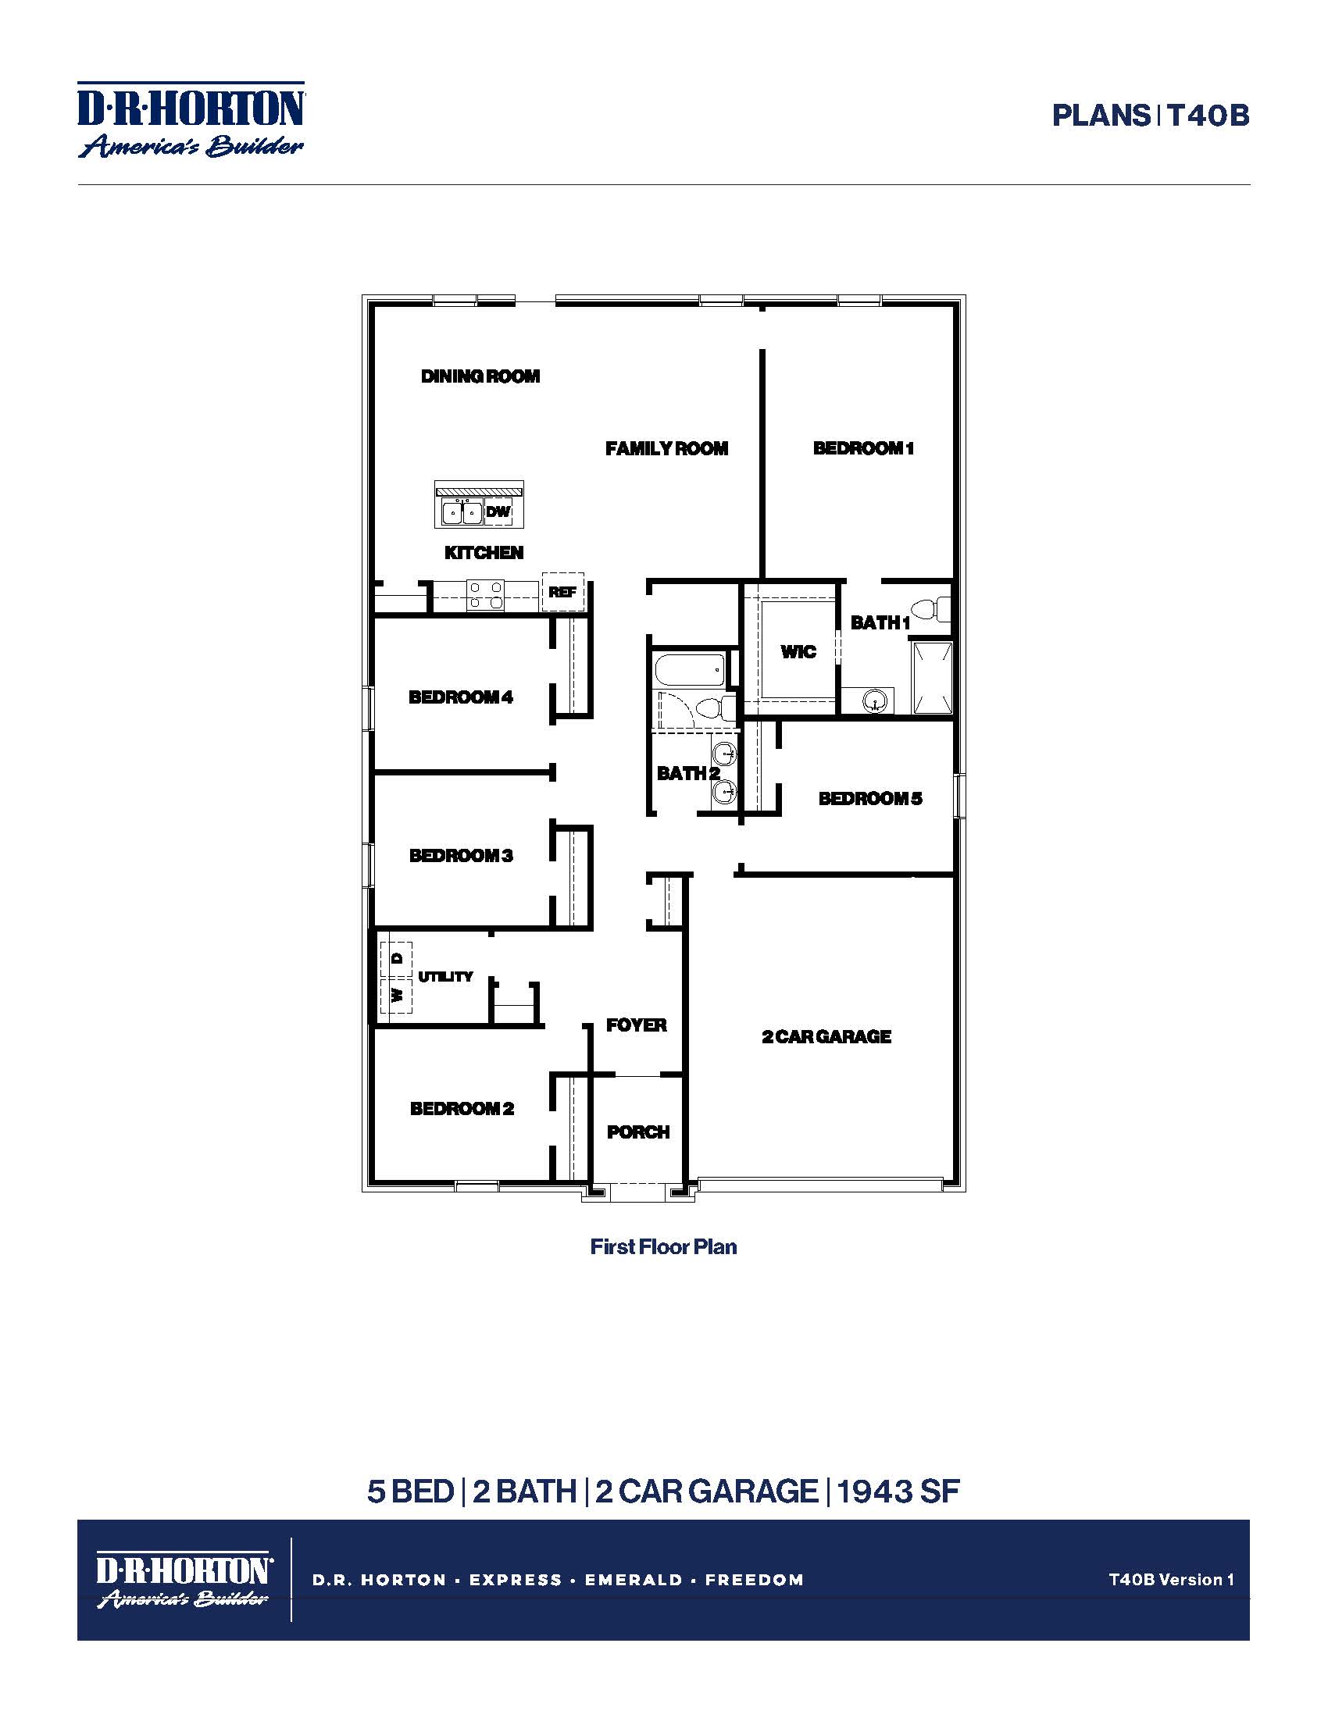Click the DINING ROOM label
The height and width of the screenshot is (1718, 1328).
tap(480, 376)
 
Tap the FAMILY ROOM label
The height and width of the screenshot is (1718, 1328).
tap(666, 448)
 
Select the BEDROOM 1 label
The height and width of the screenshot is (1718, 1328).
tap(863, 448)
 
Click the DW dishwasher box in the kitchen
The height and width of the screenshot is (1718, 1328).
tap(498, 512)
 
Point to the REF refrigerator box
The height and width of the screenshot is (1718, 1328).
tap(562, 592)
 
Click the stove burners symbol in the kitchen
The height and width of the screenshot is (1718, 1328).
tap(485, 595)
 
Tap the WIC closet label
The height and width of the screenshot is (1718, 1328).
tap(798, 651)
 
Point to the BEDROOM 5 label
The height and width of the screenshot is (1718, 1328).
tap(870, 798)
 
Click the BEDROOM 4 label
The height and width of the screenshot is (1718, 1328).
tap(460, 697)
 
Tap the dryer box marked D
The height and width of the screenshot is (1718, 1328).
tap(397, 958)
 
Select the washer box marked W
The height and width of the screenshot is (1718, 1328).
tap(397, 995)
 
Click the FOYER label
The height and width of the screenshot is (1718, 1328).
tap(637, 1025)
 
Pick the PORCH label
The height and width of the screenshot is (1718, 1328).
tap(638, 1132)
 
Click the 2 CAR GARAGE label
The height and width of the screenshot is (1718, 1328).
tap(826, 1037)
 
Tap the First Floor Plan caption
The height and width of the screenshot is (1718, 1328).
tap(663, 1247)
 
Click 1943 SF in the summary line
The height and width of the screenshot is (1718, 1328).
tap(898, 1492)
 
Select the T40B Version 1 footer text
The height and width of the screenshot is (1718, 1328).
tap(1171, 1579)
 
